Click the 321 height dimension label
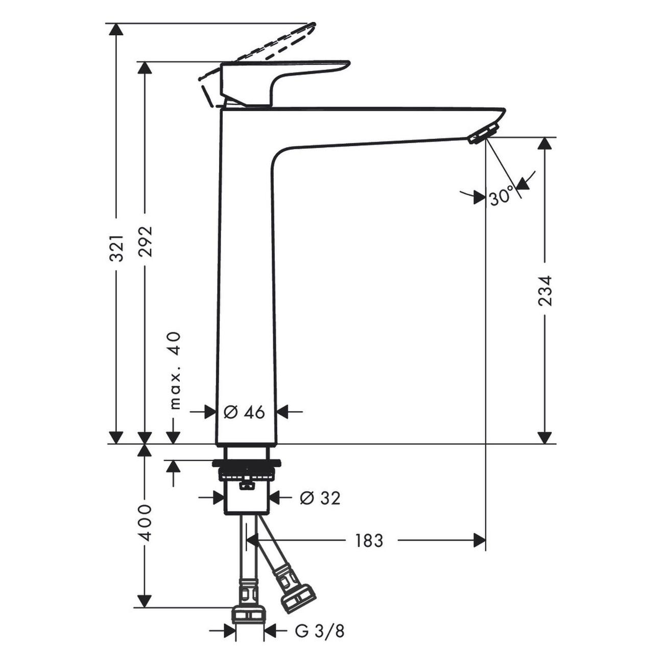point(117,248)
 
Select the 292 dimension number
point(146,241)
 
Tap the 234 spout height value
point(546,291)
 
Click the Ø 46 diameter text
point(245,412)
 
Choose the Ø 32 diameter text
point(320,497)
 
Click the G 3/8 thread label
point(320,631)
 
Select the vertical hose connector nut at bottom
point(249,614)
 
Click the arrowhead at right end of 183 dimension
point(480,540)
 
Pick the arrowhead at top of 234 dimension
point(546,144)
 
